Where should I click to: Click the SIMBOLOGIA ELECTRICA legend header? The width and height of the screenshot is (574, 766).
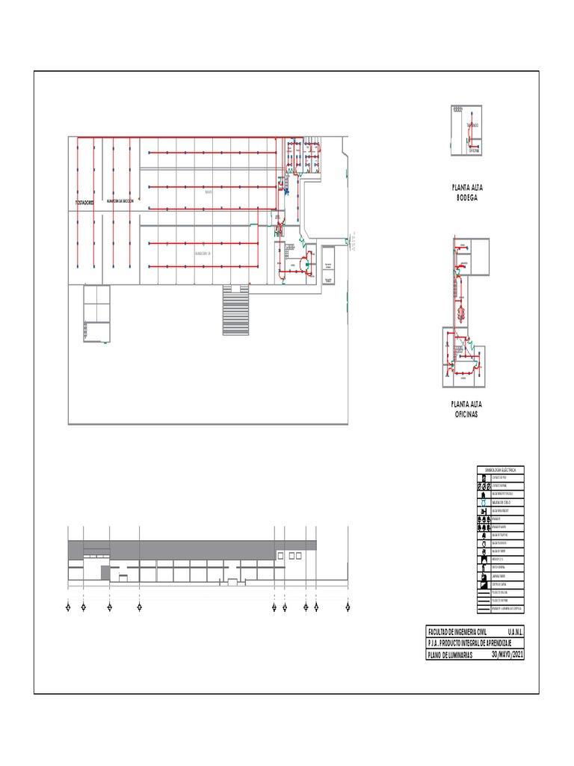click(x=500, y=469)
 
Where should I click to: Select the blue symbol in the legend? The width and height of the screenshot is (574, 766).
click(x=484, y=502)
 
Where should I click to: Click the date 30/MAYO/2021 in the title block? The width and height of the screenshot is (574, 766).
click(x=508, y=655)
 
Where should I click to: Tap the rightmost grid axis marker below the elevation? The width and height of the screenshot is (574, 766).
click(x=348, y=607)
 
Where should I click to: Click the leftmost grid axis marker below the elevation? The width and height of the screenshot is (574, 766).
click(x=68, y=607)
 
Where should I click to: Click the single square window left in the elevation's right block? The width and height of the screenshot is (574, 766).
click(x=280, y=555)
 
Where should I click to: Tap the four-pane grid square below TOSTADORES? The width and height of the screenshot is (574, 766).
click(x=96, y=304)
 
